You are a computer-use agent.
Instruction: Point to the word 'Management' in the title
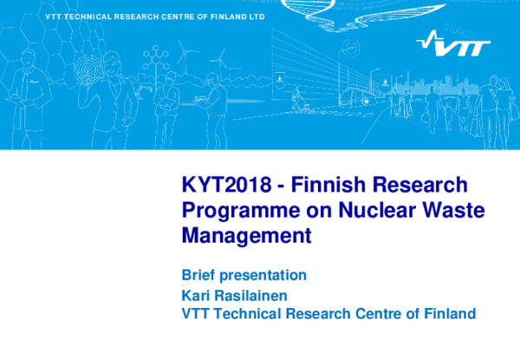tap(246, 233)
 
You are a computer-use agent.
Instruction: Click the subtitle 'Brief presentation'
tap(244, 276)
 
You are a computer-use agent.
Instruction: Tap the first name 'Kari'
tap(196, 295)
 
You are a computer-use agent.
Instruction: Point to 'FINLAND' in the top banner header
tap(223, 16)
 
